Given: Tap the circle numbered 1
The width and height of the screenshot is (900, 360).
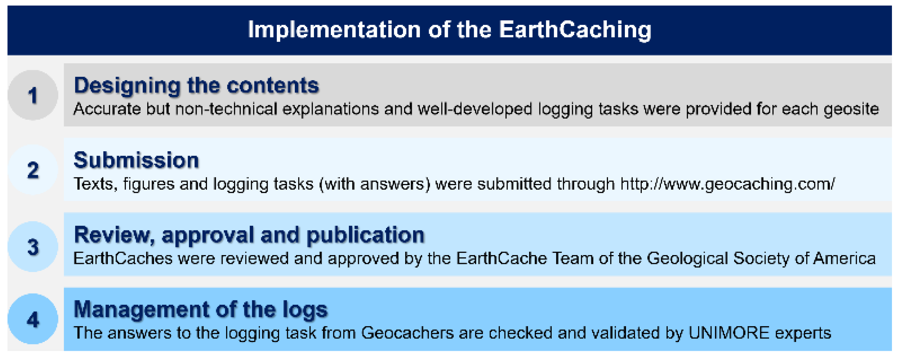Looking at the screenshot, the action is pyautogui.click(x=33, y=95).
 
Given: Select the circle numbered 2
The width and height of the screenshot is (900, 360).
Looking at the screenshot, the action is pyautogui.click(x=33, y=170).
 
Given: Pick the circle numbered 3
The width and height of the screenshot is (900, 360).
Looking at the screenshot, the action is pyautogui.click(x=33, y=247).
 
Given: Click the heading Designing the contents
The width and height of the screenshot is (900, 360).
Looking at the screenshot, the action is pyautogui.click(x=196, y=86).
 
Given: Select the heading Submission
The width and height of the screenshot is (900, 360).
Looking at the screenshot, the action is pyautogui.click(x=136, y=160).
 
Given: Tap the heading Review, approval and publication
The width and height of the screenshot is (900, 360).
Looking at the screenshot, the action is pyautogui.click(x=249, y=235).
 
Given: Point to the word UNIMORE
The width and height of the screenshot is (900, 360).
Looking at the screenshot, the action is pyautogui.click(x=729, y=333).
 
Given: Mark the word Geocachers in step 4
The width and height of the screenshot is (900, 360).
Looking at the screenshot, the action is pyautogui.click(x=407, y=333).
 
